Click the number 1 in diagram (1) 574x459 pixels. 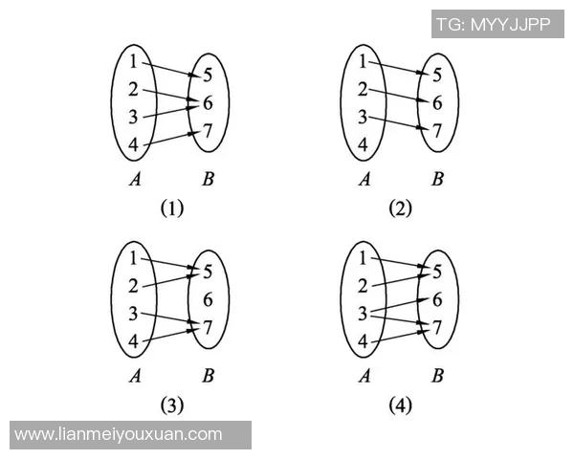tap(133, 62)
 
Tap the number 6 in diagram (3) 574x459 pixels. tap(208, 299)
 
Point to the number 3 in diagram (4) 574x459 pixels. tap(364, 314)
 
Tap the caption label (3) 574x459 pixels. tap(171, 405)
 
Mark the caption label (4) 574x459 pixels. tap(400, 405)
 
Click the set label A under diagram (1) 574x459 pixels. tap(134, 178)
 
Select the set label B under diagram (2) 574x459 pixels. tap(437, 178)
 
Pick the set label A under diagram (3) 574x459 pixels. tap(134, 375)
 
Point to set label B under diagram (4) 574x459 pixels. tap(437, 375)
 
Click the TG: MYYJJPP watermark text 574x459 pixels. tap(493, 24)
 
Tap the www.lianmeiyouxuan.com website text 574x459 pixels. tap(119, 435)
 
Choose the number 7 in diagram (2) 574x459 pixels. tap(437, 131)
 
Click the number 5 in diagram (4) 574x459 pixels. tap(437, 272)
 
